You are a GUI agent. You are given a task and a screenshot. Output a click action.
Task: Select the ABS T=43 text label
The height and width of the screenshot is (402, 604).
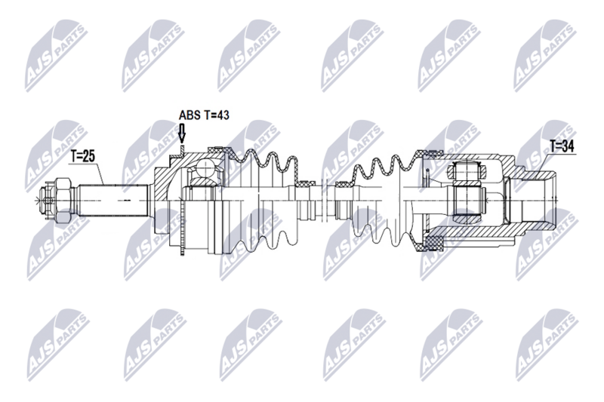[203, 115]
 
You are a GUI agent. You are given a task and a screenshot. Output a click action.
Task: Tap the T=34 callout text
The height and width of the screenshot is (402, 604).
[562, 146]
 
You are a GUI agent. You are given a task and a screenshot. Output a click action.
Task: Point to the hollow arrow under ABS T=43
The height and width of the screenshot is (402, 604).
[182, 135]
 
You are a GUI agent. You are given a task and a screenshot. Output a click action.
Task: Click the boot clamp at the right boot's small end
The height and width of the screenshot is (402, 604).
[343, 183]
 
